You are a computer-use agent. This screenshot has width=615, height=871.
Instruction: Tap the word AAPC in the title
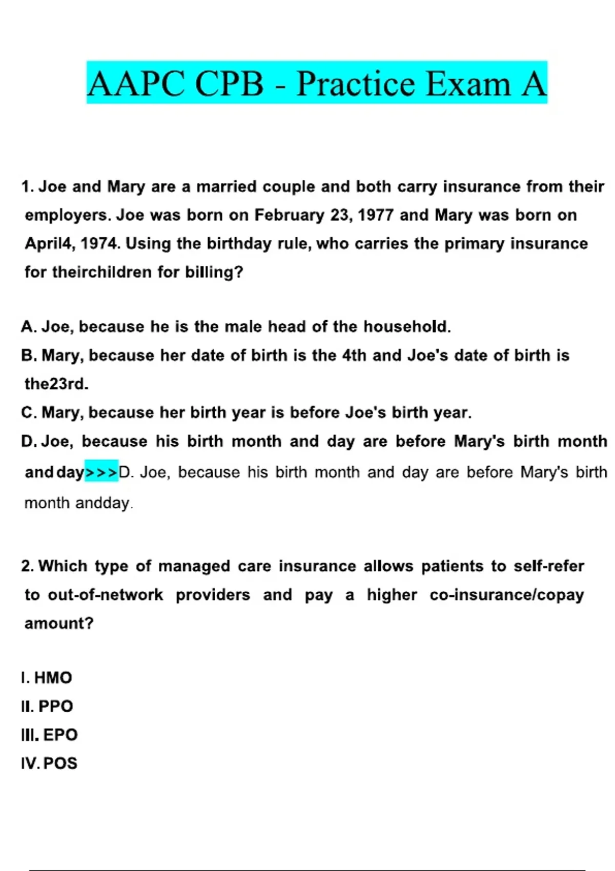click(x=136, y=84)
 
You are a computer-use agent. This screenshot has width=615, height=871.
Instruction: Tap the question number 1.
click(x=27, y=186)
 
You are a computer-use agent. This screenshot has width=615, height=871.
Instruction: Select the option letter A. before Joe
click(x=28, y=327)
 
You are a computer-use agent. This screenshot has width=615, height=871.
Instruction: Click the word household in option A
click(x=407, y=327)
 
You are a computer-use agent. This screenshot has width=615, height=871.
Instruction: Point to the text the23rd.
click(x=56, y=384)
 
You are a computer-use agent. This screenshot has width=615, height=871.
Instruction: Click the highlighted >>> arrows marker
click(x=101, y=471)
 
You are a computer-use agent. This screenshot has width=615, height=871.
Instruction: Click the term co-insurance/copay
click(x=507, y=595)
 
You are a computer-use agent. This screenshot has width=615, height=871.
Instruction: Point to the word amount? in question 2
click(x=59, y=624)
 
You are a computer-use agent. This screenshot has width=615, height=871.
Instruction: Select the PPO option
click(x=55, y=707)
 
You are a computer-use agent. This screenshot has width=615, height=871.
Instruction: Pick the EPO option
click(x=60, y=735)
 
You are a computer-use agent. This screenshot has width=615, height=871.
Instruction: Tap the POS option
click(x=60, y=763)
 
